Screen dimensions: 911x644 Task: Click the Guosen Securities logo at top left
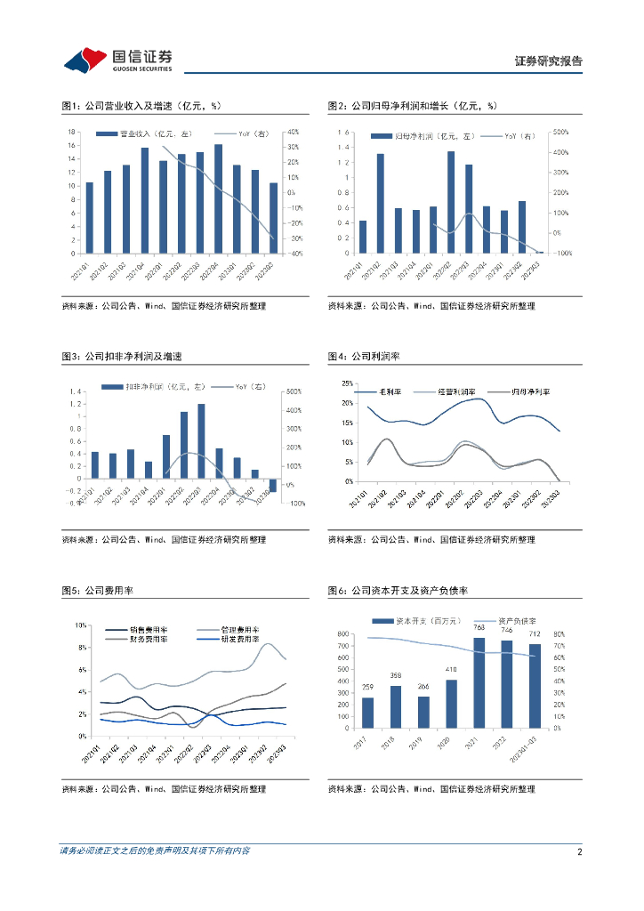tap(117, 60)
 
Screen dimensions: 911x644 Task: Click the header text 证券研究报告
tap(549, 61)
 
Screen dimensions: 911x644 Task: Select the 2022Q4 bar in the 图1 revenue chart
tap(218, 198)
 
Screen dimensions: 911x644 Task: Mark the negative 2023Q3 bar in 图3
tap(272, 484)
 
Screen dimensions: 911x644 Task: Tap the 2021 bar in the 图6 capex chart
tap(479, 682)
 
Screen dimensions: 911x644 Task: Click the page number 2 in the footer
tap(579, 852)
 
